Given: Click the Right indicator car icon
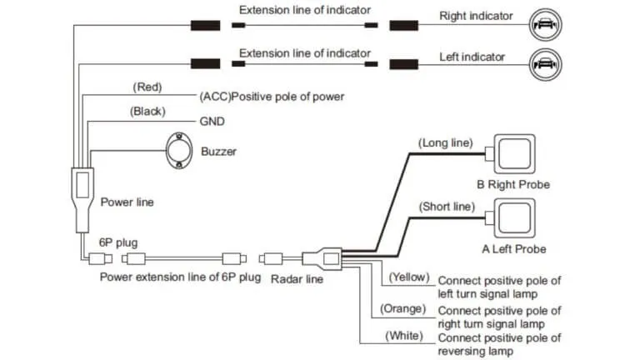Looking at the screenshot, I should point(542,25).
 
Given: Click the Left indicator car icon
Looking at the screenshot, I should point(542,63).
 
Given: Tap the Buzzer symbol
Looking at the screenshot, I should point(181,151).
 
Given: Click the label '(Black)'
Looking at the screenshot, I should point(147,111).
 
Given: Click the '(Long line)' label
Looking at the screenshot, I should point(445,143).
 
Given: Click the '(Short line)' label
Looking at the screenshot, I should point(446,206).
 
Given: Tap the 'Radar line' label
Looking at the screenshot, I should point(297,279).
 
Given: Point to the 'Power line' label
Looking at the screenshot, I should point(127,202).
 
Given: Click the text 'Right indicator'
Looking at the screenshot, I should point(476,16).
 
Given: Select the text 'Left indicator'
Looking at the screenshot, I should point(472,57).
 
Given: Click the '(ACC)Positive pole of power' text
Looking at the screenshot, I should point(272,97).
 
